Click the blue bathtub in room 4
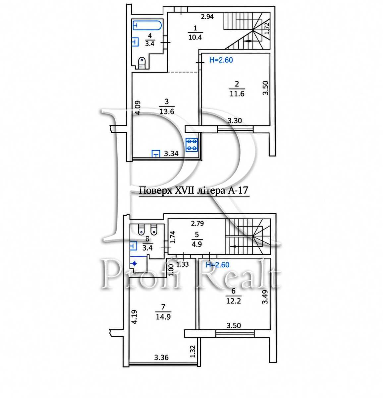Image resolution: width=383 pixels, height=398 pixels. pyautogui.click(x=147, y=25)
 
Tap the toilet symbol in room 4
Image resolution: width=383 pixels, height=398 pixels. pyautogui.click(x=142, y=63)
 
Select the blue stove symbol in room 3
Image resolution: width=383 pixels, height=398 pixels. pyautogui.click(x=191, y=145)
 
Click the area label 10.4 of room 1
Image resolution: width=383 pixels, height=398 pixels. pyautogui.click(x=195, y=37)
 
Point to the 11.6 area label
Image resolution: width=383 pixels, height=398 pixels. pyautogui.click(x=237, y=94)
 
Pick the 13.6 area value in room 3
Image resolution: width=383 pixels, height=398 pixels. pyautogui.click(x=167, y=111)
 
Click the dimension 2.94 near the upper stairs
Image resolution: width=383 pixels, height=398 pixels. pyautogui.click(x=207, y=17)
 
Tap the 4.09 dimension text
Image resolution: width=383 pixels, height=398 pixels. pyautogui.click(x=138, y=107)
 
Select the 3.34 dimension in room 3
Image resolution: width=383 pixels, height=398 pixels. pyautogui.click(x=171, y=153)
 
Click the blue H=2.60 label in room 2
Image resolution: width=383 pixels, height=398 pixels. pyautogui.click(x=221, y=60)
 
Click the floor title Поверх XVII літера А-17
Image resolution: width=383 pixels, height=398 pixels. pyautogui.click(x=193, y=191)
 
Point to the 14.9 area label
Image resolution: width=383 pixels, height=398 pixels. pyautogui.click(x=163, y=317)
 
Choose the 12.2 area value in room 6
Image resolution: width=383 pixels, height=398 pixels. pyautogui.click(x=234, y=301)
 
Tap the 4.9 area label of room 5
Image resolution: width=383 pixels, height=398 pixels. pyautogui.click(x=197, y=244)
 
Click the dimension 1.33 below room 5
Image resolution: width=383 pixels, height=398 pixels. pyautogui.click(x=183, y=264)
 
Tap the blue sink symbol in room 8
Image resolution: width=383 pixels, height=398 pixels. pyautogui.click(x=134, y=246)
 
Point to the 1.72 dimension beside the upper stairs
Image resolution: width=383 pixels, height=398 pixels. pyautogui.click(x=267, y=28)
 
